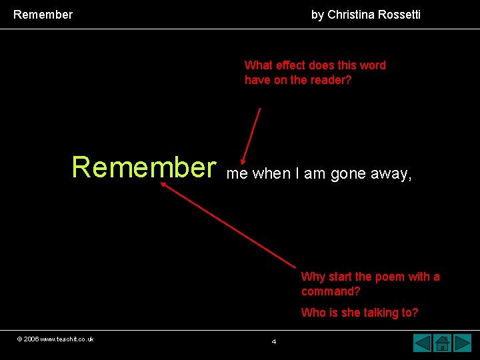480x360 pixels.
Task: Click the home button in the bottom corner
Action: tap(443, 343)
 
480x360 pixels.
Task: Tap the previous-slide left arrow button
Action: tap(422, 343)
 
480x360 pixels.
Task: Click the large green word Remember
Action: tap(144, 167)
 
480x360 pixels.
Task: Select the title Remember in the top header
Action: tap(43, 14)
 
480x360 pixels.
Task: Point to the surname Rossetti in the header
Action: tap(399, 14)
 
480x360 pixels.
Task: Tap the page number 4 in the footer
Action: tap(274, 342)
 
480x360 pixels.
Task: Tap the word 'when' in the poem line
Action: tap(271, 174)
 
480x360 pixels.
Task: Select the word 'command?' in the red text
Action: tap(331, 291)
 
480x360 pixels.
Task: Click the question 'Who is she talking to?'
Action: tap(359, 313)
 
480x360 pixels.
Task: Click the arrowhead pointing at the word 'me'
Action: tap(243, 161)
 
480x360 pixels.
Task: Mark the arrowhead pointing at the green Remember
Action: tap(163, 187)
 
